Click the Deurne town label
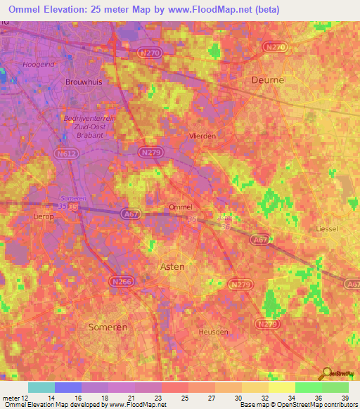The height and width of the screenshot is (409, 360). point(268,80)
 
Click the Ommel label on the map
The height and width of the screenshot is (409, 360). point(181,207)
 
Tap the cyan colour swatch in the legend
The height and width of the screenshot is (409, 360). point(41,387)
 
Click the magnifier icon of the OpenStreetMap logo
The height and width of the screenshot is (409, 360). point(326,372)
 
